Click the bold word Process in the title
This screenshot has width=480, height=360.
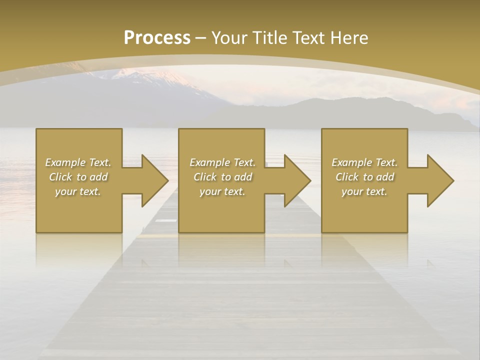tap(157, 38)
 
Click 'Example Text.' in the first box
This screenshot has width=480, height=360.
tap(78, 162)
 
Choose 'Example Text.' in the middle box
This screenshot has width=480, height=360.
tap(222, 162)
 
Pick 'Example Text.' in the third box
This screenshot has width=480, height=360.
tap(364, 162)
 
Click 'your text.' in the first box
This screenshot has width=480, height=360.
tap(78, 191)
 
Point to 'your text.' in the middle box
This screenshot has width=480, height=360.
tap(222, 191)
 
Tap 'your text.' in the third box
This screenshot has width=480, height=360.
tap(364, 191)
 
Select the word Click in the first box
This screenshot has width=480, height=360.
tap(60, 177)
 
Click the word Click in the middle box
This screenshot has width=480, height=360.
tap(205, 177)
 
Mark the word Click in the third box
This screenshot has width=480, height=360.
tap(347, 177)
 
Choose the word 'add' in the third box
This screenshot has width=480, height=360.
tap(385, 177)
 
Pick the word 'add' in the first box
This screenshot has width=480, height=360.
tap(99, 177)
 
